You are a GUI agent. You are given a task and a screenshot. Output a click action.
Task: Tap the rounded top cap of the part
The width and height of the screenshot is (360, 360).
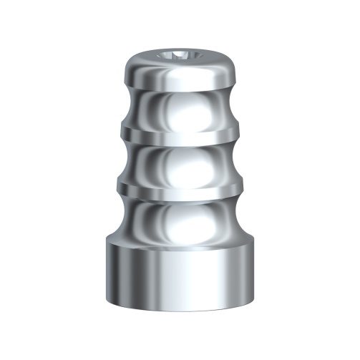pyautogui.click(x=179, y=72)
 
